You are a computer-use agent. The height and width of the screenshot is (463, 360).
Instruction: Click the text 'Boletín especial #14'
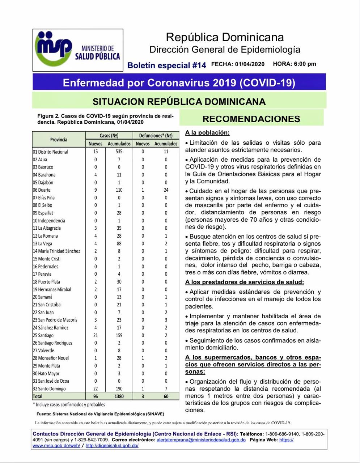pyautogui.click(x=166, y=65)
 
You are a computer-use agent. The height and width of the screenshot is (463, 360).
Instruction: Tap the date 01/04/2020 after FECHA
pyautogui.click(x=250, y=64)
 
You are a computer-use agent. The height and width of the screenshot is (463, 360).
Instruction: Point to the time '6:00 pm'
pyautogui.click(x=305, y=64)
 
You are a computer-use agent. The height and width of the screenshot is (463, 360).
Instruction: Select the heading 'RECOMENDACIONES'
pyautogui.click(x=251, y=119)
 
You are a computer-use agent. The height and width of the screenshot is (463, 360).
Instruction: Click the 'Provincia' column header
pyautogui.click(x=59, y=140)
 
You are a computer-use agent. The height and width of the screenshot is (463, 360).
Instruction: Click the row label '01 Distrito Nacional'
pyautogui.click(x=50, y=152)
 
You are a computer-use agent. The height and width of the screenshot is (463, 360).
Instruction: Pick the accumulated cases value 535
pyautogui.click(x=119, y=152)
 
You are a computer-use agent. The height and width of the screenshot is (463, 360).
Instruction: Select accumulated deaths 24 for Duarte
pyautogui.click(x=166, y=190)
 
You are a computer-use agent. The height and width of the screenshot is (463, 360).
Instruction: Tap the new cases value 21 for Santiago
pyautogui.click(x=96, y=335)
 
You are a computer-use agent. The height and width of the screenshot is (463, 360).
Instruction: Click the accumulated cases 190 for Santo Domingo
pyautogui.click(x=119, y=388)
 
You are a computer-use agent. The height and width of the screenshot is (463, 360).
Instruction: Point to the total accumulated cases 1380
pyautogui.click(x=119, y=396)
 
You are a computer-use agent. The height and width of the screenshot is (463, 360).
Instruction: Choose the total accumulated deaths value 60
pyautogui.click(x=166, y=396)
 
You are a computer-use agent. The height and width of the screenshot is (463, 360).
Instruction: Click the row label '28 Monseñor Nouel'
pyautogui.click(x=51, y=358)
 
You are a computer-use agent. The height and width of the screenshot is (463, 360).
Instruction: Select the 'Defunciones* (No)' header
pyautogui.click(x=156, y=136)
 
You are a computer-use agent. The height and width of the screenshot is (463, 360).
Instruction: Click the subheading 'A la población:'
pyautogui.click(x=207, y=133)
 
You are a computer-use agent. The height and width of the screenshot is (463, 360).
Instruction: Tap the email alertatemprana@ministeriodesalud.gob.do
pyautogui.click(x=201, y=440)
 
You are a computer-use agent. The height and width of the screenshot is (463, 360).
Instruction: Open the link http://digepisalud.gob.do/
pyautogui.click(x=112, y=446)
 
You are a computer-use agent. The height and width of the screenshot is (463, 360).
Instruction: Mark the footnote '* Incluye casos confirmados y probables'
pyautogui.click(x=69, y=404)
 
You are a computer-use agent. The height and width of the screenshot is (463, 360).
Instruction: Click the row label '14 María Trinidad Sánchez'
pyautogui.click(x=56, y=251)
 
